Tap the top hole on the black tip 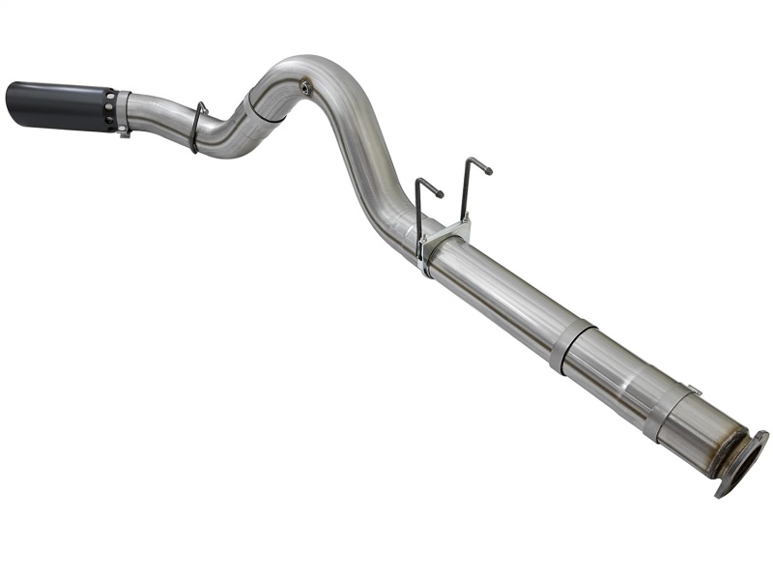(x=109, y=97)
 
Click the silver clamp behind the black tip (x=124, y=112)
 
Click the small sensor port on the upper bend (x=305, y=86)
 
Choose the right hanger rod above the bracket (x=466, y=193)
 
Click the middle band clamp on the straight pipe (x=573, y=343)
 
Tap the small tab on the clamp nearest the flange (x=694, y=390)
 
